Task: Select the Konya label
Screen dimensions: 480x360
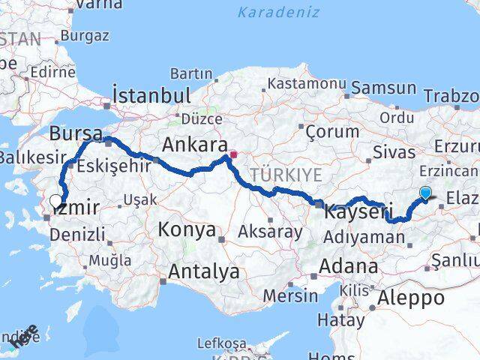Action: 187,229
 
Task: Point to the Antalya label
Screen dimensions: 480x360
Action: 203,271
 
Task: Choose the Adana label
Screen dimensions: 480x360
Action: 348,266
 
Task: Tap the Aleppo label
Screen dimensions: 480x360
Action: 412,297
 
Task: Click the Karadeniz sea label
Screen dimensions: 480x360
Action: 278,12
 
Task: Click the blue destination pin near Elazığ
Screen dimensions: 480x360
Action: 426,193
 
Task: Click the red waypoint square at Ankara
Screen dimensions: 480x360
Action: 233,155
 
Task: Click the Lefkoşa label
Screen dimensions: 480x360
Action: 221,343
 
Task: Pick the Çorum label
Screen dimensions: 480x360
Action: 332,131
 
